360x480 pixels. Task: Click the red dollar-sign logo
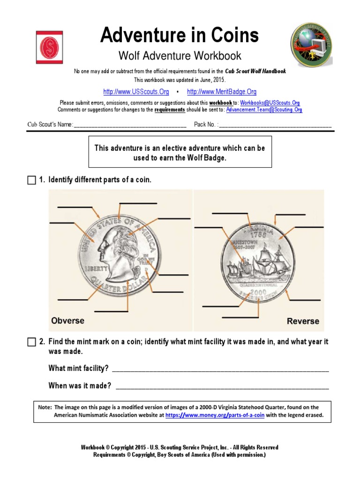[49, 47]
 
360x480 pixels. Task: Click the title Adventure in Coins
[180, 35]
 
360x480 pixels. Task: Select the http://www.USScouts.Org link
[136, 92]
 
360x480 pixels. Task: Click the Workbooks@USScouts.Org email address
[270, 103]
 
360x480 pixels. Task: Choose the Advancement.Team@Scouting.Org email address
[264, 110]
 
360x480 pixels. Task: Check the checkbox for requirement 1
[31, 180]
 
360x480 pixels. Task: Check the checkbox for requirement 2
[31, 342]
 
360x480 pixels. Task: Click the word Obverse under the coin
[67, 321]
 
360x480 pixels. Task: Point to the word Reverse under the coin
[303, 321]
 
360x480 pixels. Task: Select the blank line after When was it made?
[222, 387]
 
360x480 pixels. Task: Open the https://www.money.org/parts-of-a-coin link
[215, 415]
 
